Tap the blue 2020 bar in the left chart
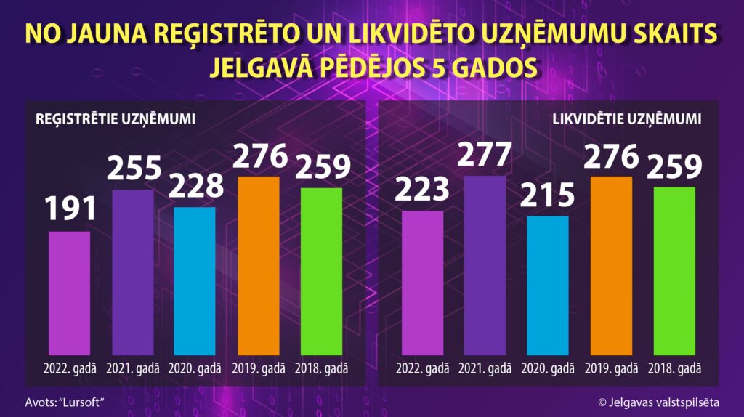pyautogui.click(x=195, y=280)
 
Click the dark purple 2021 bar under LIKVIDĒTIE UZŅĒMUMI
pyautogui.click(x=485, y=264)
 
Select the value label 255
pyautogui.click(x=134, y=168)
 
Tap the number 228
pyautogui.click(x=195, y=185)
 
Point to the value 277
pyautogui.click(x=485, y=154)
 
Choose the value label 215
pyautogui.click(x=548, y=195)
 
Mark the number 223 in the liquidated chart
pyautogui.click(x=422, y=189)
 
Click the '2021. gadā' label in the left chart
pyautogui.click(x=132, y=368)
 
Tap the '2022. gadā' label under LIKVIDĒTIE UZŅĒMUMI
pyautogui.click(x=422, y=368)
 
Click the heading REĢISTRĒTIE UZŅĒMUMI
pyautogui.click(x=115, y=118)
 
